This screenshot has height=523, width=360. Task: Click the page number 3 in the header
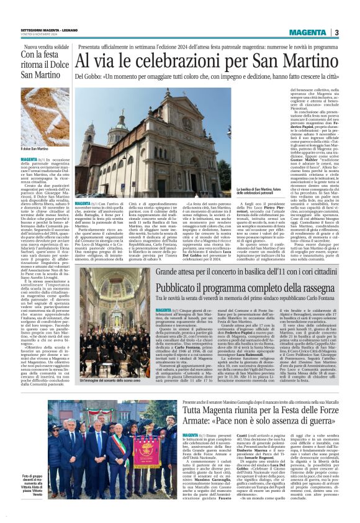pos(336,32)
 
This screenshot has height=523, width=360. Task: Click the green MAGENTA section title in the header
pos(307,32)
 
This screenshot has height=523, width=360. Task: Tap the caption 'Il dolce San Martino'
pos(35,149)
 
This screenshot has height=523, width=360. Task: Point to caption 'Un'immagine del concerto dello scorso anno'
pos(112,380)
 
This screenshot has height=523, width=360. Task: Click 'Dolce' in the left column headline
pos(56,65)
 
